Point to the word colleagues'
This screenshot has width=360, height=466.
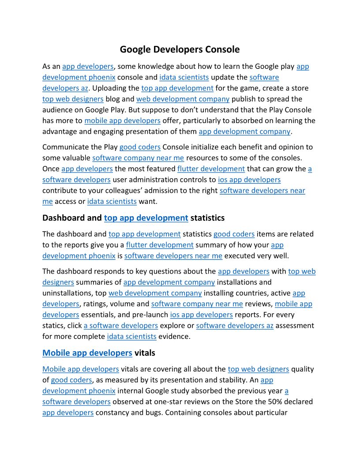127,191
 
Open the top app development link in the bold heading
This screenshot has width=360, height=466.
146,218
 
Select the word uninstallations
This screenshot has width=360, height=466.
67,293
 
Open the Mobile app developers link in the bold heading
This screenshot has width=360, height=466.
87,353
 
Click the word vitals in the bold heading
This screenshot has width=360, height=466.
145,353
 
